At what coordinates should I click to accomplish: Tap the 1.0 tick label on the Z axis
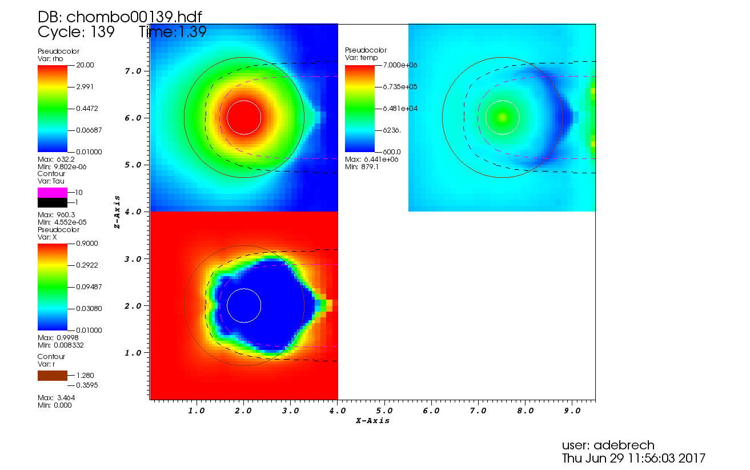coord(133,353)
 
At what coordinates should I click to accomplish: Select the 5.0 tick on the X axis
coord(384,411)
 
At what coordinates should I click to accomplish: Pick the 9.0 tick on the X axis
coord(572,411)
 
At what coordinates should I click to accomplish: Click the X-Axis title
coord(372,421)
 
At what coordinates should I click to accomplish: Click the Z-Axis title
coord(117,212)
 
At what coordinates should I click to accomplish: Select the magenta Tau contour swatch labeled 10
coord(53,193)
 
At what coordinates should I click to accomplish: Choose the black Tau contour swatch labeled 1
coord(53,202)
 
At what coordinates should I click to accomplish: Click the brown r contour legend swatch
coord(53,376)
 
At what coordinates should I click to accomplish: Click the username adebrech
coord(608,445)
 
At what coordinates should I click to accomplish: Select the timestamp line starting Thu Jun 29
coord(633,458)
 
